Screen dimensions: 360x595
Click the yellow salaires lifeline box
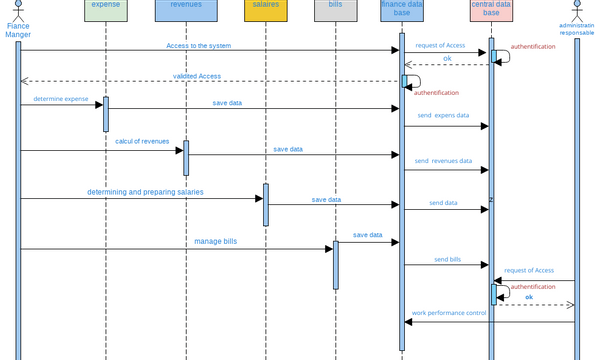(265, 10)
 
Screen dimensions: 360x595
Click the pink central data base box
(491, 11)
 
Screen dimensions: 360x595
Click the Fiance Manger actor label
(18, 30)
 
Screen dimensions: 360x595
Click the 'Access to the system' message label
(200, 46)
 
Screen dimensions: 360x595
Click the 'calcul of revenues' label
(142, 141)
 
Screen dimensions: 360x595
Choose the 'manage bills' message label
(216, 241)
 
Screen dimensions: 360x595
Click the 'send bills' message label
(447, 259)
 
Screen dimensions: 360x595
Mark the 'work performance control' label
(449, 313)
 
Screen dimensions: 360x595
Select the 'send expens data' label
(443, 116)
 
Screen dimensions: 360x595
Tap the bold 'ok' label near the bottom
(529, 297)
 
